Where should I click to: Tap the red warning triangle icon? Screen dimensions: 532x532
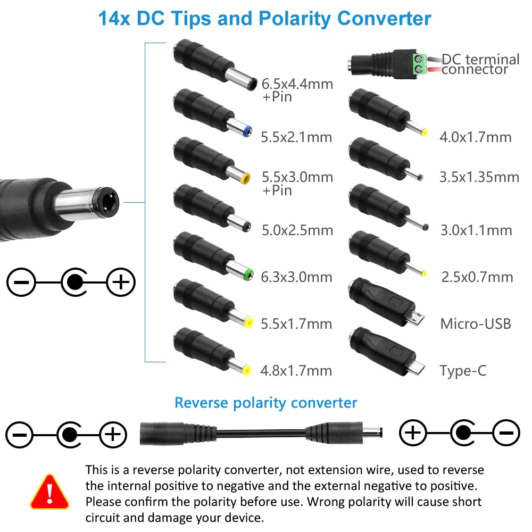49,491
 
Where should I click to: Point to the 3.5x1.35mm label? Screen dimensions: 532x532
479,177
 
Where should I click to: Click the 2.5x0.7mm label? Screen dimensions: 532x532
477,277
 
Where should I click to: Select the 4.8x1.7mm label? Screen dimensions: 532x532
296,370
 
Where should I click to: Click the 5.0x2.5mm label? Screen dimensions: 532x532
297,230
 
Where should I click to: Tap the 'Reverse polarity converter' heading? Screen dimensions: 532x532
265,403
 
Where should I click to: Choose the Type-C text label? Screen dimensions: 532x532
463,371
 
